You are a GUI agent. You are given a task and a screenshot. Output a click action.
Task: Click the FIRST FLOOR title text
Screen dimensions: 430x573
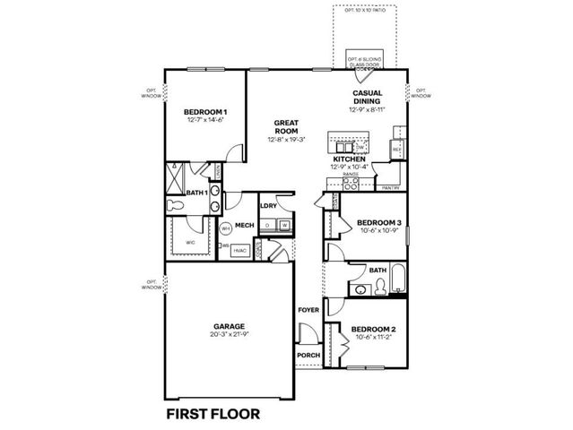coord(213,414)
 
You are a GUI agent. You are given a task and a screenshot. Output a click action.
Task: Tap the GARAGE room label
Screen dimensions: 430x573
coord(229,326)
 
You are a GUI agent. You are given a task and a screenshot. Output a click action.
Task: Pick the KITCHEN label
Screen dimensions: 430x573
coord(350,159)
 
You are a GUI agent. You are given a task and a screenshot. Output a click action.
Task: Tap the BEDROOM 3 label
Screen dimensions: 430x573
coord(378,222)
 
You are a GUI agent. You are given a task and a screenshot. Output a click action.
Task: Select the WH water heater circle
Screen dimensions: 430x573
coord(226,228)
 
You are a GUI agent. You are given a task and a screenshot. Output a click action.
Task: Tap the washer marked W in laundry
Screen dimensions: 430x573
coord(284,225)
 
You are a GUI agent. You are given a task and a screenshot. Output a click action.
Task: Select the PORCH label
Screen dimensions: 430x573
coord(308,355)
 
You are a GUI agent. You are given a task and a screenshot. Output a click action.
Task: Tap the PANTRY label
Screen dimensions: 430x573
coord(389,188)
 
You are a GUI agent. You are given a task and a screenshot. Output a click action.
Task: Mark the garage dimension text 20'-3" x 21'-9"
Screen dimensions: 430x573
coord(229,335)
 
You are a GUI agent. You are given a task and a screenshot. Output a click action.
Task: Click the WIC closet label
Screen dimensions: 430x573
coord(191,242)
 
